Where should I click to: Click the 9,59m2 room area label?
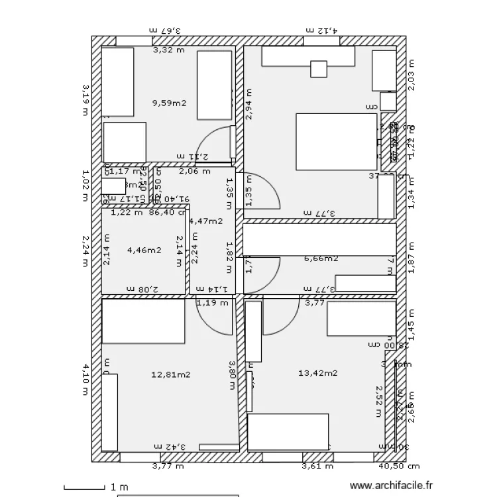[x=169, y=103]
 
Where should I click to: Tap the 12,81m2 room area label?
[x=171, y=374]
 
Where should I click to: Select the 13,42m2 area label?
[x=318, y=373]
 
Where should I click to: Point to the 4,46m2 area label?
[x=144, y=250]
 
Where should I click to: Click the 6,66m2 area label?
[x=321, y=258]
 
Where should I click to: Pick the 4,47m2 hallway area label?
[x=205, y=221]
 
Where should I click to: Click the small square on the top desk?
[x=319, y=69]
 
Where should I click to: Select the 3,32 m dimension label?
[x=169, y=50]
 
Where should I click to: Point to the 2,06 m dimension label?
[x=195, y=171]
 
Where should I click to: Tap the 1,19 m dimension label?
[x=212, y=303]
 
